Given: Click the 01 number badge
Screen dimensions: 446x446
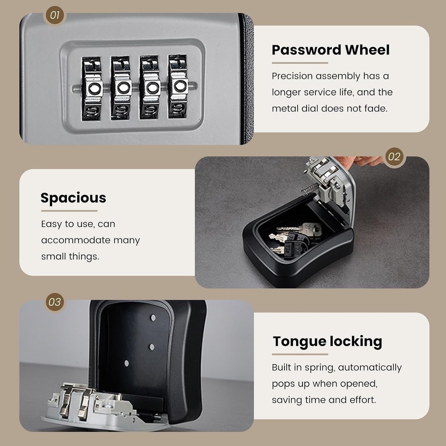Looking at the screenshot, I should coord(54,15).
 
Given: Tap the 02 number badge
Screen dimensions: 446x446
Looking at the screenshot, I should coord(394,157).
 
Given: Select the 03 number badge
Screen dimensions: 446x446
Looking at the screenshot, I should coord(54,302).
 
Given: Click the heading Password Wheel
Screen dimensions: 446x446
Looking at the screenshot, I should coord(330,50).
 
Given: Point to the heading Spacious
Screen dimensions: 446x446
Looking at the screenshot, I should coord(73,198).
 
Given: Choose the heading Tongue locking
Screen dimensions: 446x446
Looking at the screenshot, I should coord(327,341).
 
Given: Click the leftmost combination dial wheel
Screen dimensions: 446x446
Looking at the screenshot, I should coord(92,87).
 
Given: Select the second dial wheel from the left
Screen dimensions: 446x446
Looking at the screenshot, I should coord(121,87).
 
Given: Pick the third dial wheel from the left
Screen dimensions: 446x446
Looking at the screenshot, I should coord(150,87).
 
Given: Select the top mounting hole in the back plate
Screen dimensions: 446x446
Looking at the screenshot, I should coord(153,318).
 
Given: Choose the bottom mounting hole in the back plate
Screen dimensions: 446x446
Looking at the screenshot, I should coord(127,363).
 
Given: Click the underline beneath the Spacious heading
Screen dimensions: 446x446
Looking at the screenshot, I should coord(69,211).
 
